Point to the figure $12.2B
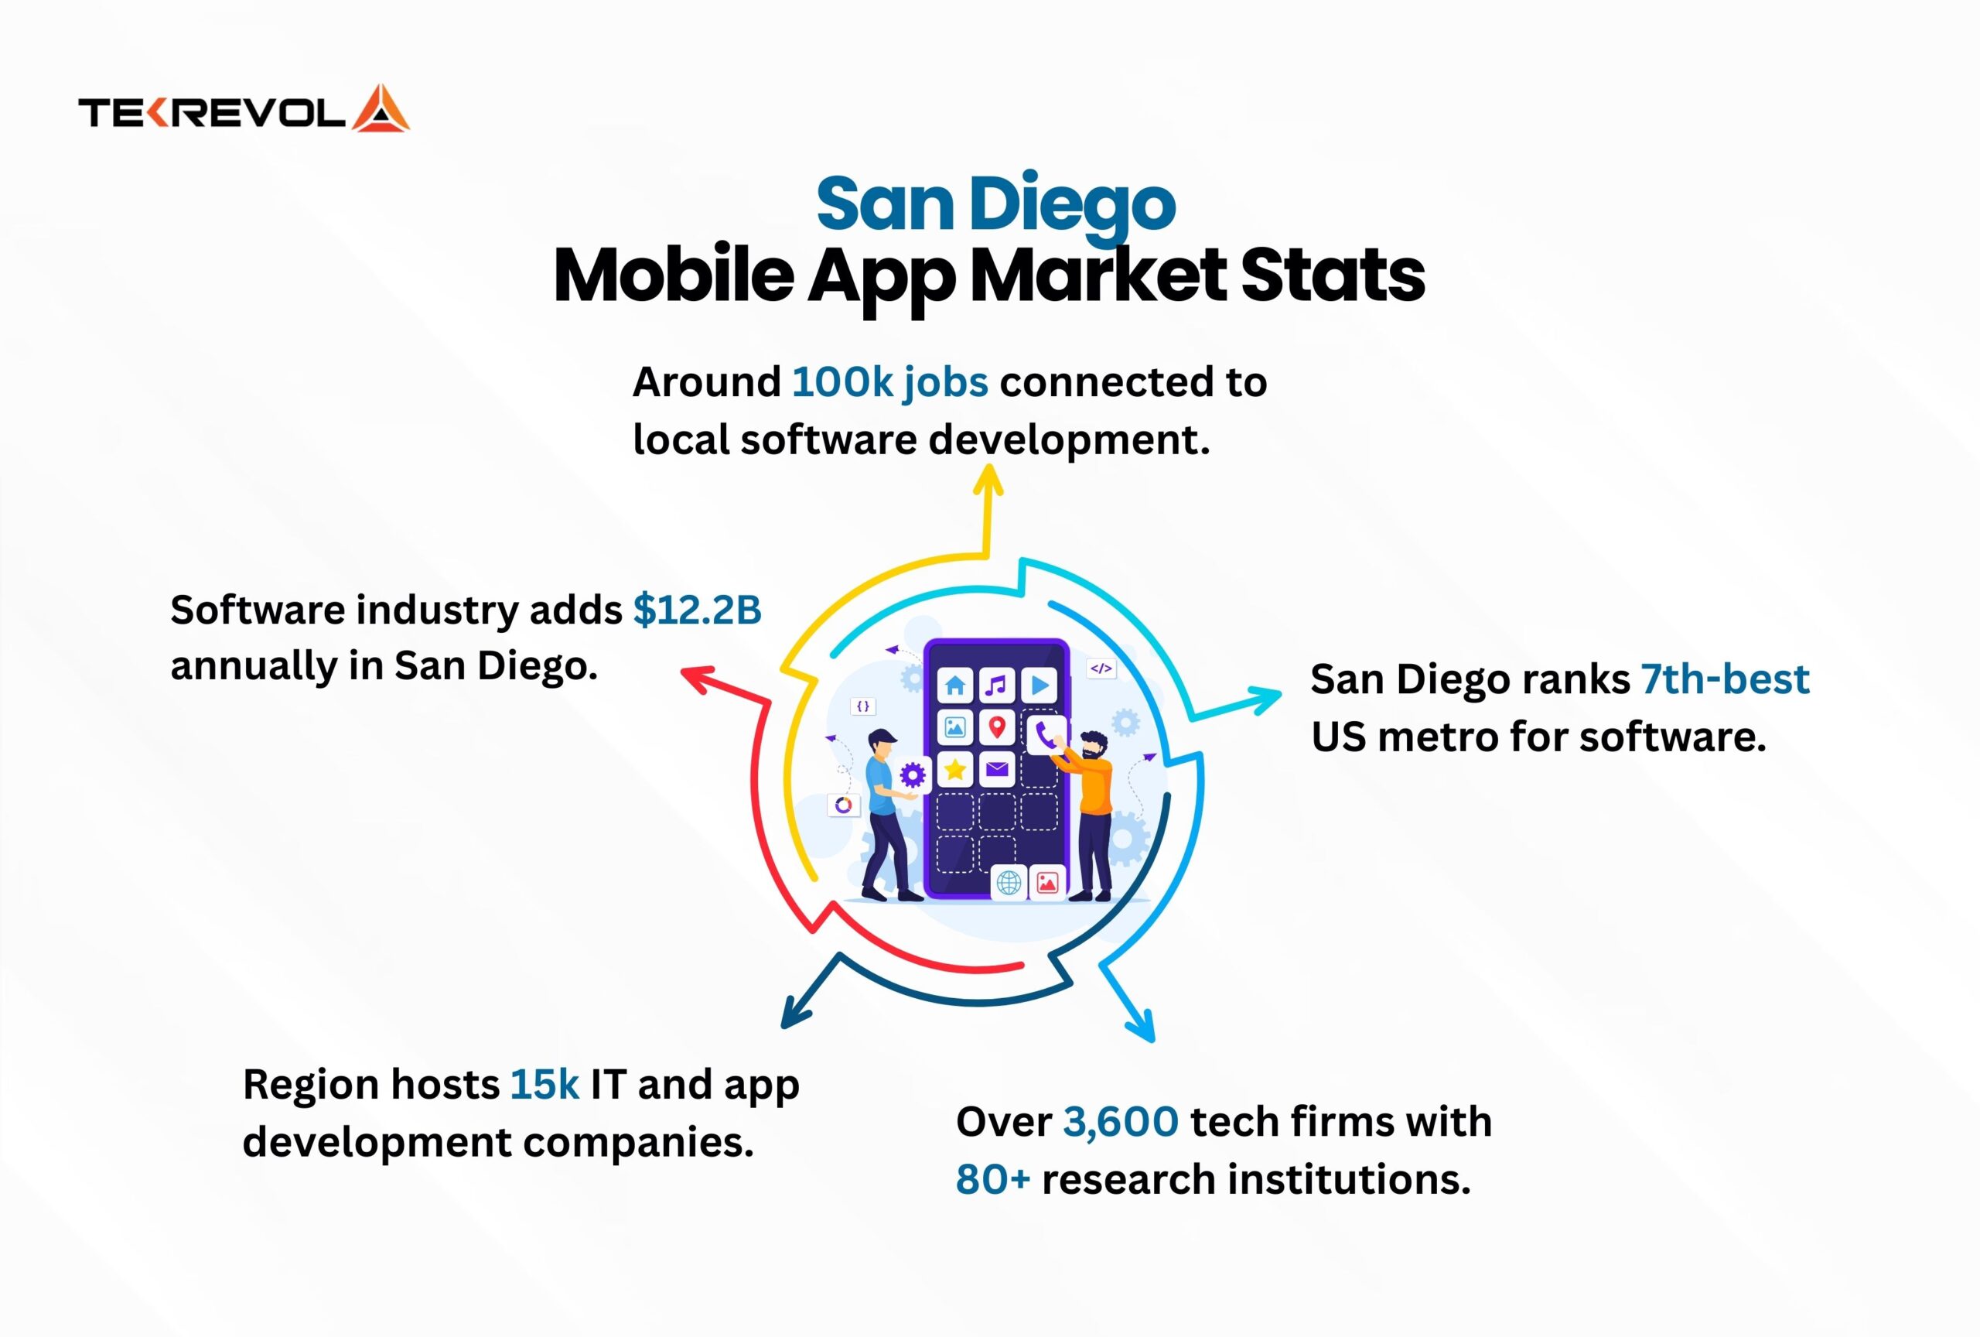point(697,610)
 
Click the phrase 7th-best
point(1726,680)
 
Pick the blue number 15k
point(544,1085)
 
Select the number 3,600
point(1121,1122)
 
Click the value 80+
point(992,1180)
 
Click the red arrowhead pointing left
point(696,679)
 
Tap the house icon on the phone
point(956,685)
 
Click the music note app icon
point(997,685)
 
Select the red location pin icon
point(997,727)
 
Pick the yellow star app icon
point(956,770)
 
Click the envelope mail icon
point(997,770)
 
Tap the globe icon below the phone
point(1009,883)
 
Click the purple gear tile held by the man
point(913,775)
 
